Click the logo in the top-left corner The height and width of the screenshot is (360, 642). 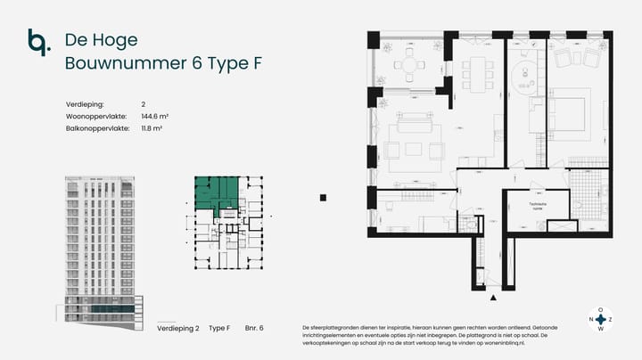38,42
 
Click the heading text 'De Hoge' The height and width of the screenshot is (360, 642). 95,40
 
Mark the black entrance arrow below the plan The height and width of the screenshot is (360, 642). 493,297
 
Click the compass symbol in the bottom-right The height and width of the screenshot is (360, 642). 600,318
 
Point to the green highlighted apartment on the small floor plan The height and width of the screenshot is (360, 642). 217,192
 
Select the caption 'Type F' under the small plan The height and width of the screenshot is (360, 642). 219,329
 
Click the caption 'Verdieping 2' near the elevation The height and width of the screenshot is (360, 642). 178,329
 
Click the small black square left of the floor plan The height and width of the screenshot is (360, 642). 323,198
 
